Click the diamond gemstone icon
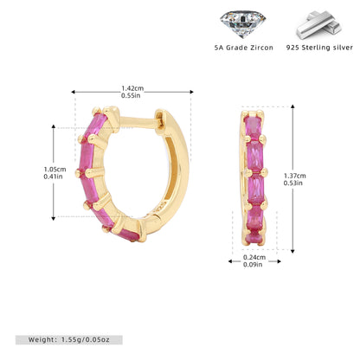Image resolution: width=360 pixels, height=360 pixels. coord(242,24)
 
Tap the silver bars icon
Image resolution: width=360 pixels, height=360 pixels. coord(318,25)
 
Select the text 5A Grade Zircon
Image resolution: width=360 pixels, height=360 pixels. coord(244,48)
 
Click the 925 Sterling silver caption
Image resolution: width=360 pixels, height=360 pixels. coord(319,48)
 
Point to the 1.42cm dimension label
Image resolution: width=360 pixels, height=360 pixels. coord(132,88)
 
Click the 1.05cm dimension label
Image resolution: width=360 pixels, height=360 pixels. coord(55,170)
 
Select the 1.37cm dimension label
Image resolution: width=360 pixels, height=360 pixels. coord(295,176)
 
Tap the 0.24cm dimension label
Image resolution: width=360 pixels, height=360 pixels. coord(254,257)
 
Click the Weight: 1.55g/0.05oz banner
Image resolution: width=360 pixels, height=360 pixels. coord(69,340)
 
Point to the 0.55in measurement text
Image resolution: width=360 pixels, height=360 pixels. coord(131,95)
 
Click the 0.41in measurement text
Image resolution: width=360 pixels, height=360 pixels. coord(53,177)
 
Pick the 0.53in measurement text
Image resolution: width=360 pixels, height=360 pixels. coord(293,183)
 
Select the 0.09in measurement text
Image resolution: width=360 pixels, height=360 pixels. coord(253,264)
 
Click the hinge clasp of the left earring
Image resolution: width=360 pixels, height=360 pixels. coord(160,121)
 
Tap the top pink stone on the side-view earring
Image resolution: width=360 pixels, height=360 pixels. coord(253,126)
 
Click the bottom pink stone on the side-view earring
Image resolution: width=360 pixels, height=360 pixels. coord(254,238)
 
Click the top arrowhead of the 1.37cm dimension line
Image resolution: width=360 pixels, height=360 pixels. coord(292,106)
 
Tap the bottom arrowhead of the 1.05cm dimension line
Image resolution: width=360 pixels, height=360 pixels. coord(54,218)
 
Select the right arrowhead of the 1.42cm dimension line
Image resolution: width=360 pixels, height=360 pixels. coord(191,92)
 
